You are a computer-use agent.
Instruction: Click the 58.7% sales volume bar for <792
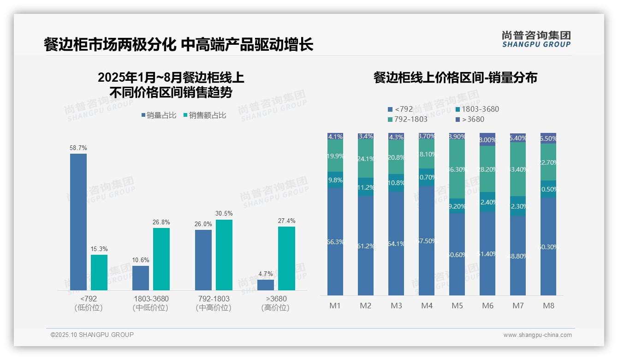pos(78,222)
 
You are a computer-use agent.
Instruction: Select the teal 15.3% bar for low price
pos(99,272)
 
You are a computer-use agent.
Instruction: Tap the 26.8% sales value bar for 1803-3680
pos(161,259)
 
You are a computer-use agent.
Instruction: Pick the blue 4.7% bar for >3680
pos(266,285)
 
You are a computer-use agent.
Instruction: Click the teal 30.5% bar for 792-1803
pos(224,255)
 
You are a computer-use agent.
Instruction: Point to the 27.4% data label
pos(286,221)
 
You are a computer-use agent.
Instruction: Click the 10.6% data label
pos(141,260)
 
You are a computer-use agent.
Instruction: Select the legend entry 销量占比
pos(159,115)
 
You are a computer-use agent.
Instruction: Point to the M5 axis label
pos(457,306)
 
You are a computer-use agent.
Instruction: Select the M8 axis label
pos(548,306)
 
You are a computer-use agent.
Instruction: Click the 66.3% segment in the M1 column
pos(335,241)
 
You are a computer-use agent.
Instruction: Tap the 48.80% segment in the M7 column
pos(518,255)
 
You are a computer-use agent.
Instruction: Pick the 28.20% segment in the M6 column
pos(487,169)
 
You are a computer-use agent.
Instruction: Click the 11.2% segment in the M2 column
pos(366,187)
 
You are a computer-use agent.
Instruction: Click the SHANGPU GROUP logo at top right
pos(536,39)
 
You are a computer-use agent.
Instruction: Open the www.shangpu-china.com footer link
pos(537,335)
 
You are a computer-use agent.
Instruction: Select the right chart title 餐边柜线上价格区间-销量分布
pos(455,78)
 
